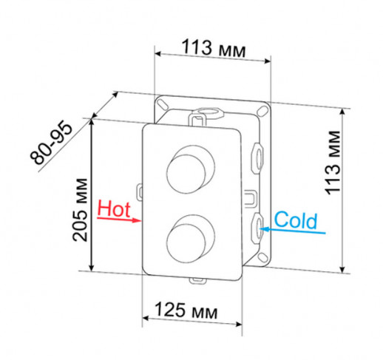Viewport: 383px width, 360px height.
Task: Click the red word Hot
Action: (x=114, y=208)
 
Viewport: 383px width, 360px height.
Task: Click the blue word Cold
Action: (x=296, y=220)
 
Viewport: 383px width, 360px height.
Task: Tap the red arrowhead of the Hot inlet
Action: (x=138, y=220)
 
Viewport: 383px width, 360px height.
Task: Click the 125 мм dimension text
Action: (x=181, y=312)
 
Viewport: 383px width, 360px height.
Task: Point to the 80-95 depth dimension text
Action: (x=52, y=143)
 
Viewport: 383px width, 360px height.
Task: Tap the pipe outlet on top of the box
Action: (x=200, y=115)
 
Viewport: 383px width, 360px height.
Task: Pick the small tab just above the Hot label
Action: (x=139, y=189)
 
